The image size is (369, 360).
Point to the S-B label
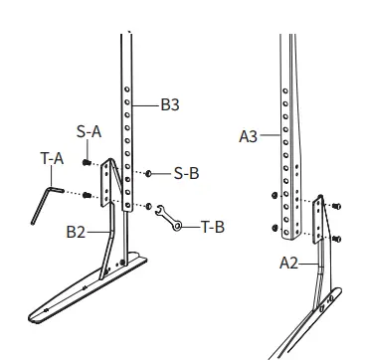pyautogui.click(x=186, y=172)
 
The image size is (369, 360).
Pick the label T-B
pyautogui.click(x=212, y=226)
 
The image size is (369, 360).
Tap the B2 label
pyautogui.click(x=77, y=232)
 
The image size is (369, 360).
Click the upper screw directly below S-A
pyautogui.click(x=89, y=161)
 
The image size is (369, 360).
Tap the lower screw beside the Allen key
pyautogui.click(x=88, y=193)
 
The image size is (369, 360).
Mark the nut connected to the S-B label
pyautogui.click(x=148, y=173)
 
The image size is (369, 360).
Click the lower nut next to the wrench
pyautogui.click(x=148, y=207)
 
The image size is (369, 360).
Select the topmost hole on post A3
pyautogui.click(x=284, y=90)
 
